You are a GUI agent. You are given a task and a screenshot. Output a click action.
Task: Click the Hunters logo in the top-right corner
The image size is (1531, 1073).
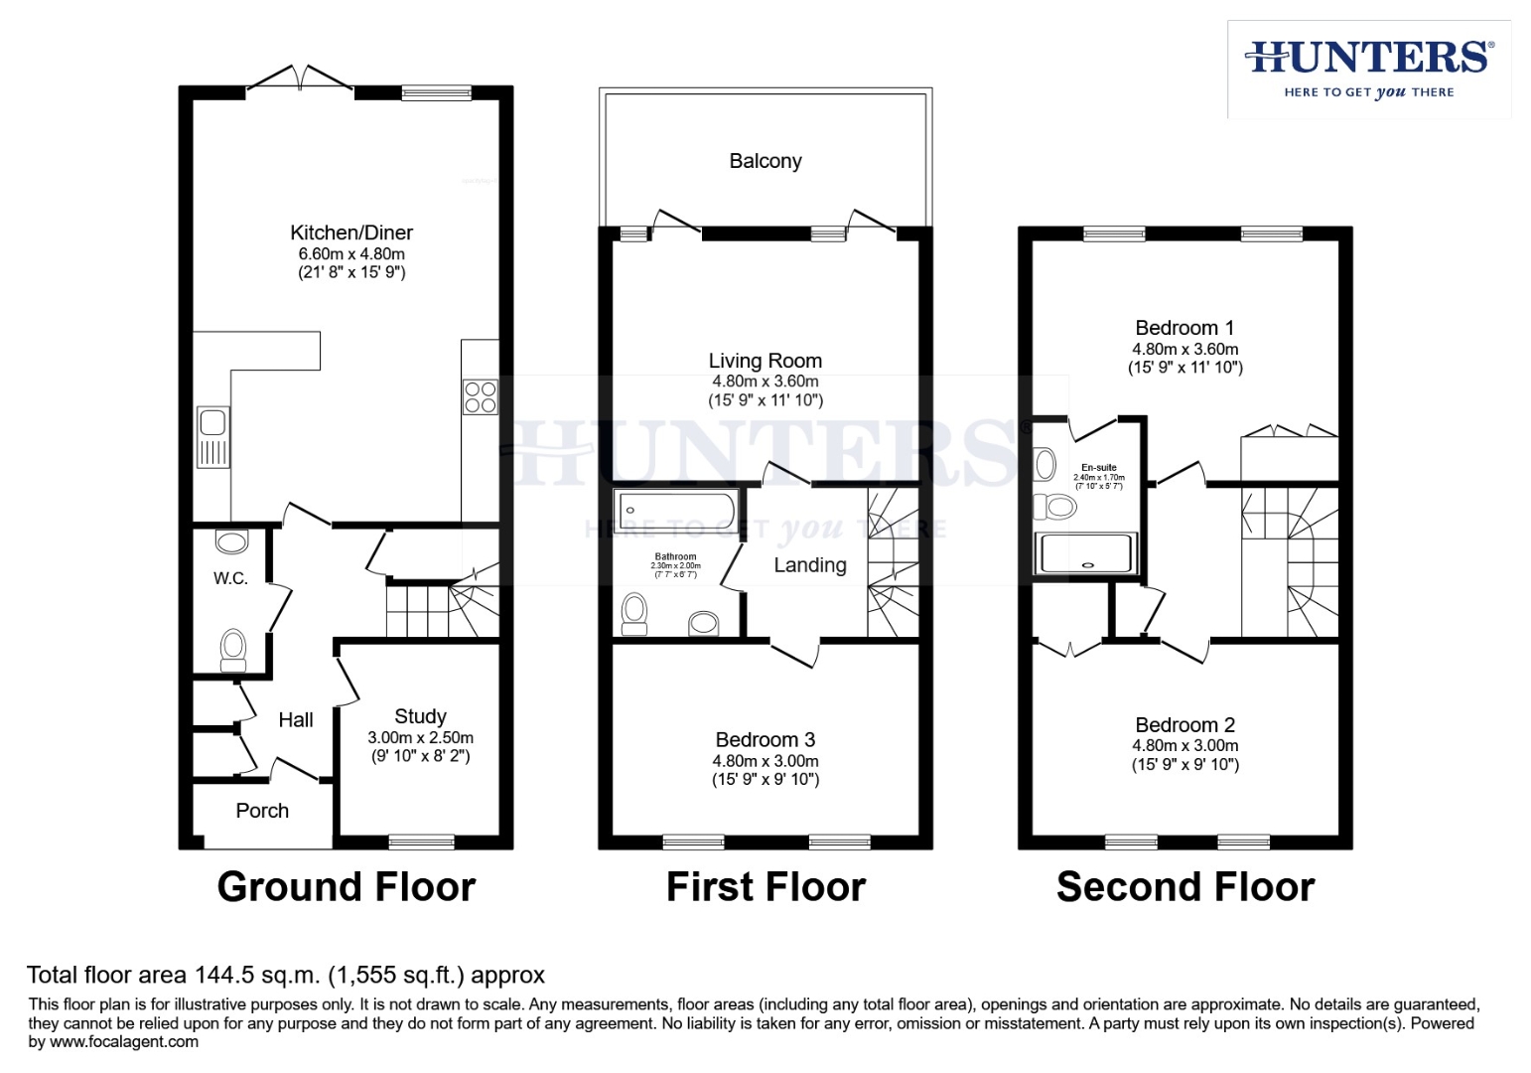(x=1368, y=69)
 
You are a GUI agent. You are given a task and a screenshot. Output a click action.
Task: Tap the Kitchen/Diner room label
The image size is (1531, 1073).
(x=351, y=232)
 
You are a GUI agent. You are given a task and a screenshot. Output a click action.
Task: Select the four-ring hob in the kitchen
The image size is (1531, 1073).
(x=481, y=397)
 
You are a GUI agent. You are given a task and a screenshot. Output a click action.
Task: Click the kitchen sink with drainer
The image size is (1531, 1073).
(x=213, y=437)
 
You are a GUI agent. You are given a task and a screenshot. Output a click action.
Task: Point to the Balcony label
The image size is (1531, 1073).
(x=765, y=161)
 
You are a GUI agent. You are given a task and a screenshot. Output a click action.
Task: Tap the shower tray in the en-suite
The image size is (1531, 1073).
(x=1085, y=553)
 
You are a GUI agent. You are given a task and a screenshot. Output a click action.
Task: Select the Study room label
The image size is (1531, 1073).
(x=420, y=716)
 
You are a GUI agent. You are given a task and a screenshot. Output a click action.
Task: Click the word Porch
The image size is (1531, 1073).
(x=262, y=811)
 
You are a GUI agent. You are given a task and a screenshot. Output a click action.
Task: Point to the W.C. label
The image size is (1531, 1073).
(x=230, y=578)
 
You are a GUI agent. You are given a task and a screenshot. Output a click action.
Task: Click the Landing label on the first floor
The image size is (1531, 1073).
(x=810, y=565)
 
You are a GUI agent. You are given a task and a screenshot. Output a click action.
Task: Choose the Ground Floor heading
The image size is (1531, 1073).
(x=347, y=886)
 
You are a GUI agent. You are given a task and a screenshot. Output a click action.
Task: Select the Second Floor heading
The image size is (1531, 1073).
(x=1185, y=886)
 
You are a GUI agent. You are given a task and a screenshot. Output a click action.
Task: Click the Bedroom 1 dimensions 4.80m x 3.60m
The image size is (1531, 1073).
(x=1184, y=349)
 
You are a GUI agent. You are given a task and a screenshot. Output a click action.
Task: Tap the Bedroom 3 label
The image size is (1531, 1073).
(x=765, y=740)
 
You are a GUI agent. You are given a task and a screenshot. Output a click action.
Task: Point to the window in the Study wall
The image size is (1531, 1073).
(x=421, y=843)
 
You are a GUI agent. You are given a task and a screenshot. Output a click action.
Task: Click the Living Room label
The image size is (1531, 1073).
(x=765, y=361)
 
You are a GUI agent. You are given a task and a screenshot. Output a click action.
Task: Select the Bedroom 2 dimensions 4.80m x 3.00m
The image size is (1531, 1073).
(x=1184, y=745)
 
